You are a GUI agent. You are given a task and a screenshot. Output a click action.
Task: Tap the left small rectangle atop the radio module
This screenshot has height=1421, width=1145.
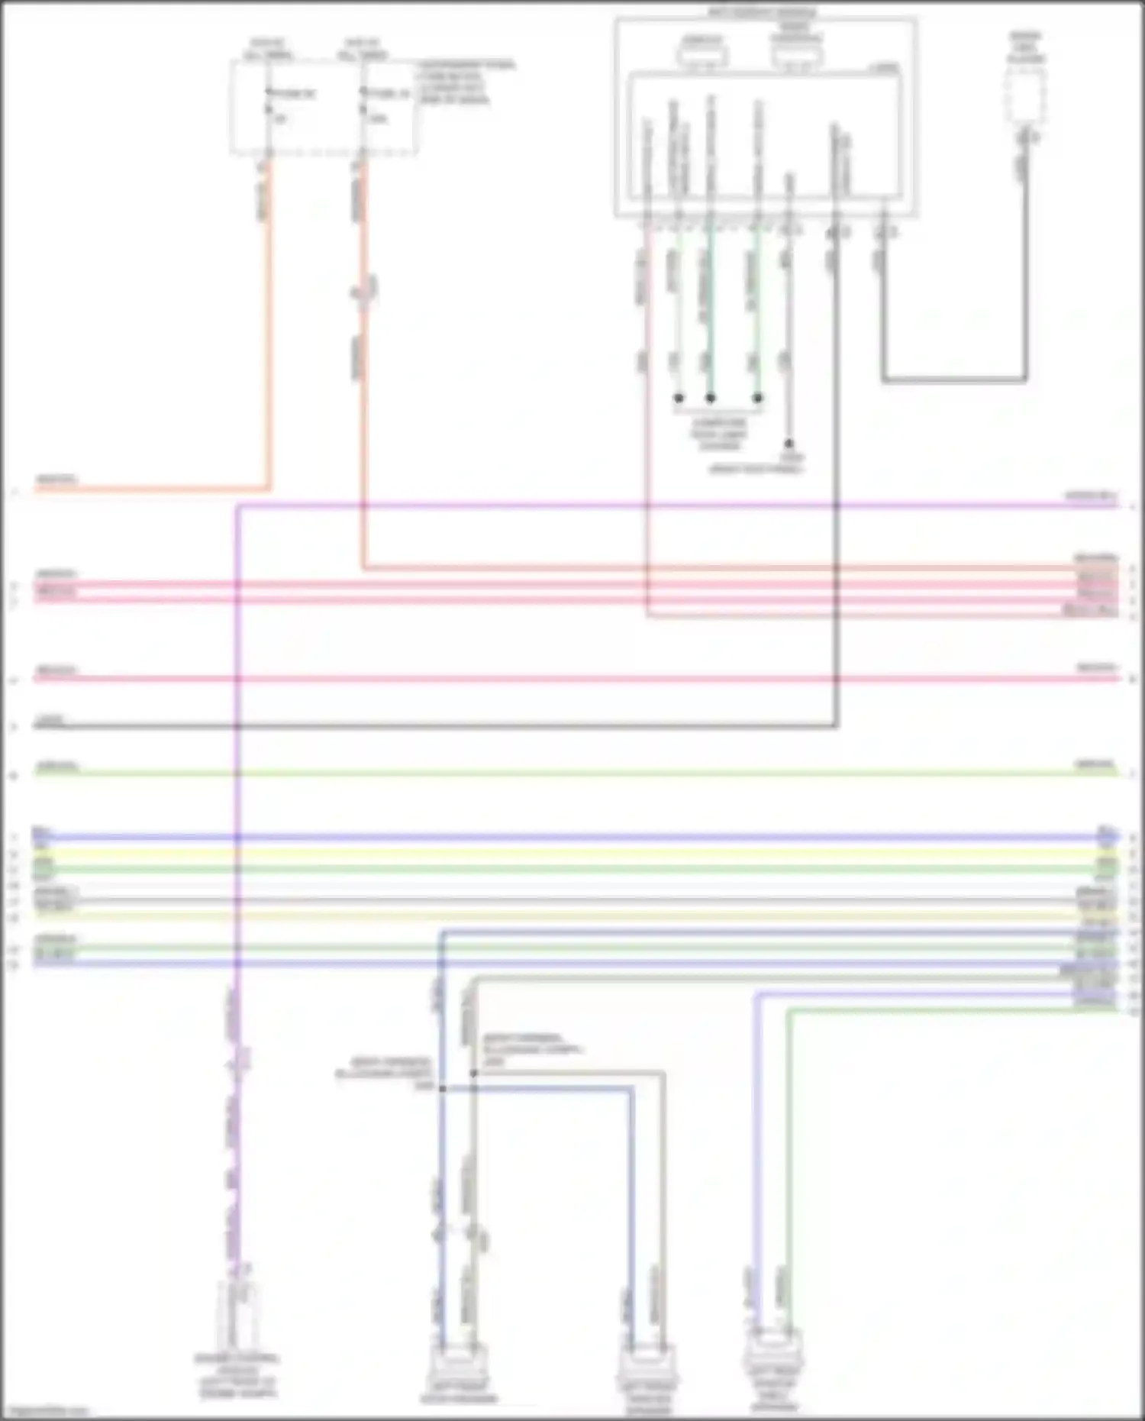[x=702, y=54]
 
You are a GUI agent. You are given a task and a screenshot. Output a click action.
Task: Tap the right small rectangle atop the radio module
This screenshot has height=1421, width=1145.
[x=796, y=54]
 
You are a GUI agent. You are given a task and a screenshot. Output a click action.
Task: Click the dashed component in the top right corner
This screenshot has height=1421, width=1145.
[x=1026, y=95]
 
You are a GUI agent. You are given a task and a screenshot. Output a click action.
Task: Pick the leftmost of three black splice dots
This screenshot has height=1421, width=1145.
[x=679, y=398]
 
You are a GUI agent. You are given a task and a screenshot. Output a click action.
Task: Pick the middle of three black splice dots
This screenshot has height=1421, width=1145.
[x=711, y=398]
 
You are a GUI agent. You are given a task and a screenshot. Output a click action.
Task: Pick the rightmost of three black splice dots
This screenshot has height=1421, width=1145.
[x=758, y=398]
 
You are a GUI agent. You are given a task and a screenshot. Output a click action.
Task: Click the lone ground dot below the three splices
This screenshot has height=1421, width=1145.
[x=789, y=444]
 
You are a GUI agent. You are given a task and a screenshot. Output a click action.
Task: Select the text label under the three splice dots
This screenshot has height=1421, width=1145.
[x=718, y=434]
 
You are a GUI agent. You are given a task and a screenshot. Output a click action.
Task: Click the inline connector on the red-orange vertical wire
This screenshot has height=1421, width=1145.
[x=364, y=290]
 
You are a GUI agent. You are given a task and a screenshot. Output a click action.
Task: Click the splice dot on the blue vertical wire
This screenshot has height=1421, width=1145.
[x=442, y=1088]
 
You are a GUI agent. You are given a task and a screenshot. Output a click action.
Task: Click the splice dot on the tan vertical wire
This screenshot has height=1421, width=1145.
[x=473, y=1073]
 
